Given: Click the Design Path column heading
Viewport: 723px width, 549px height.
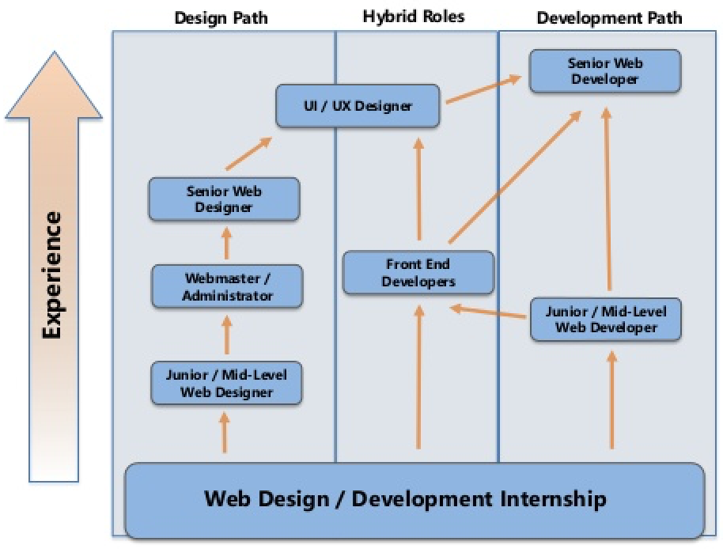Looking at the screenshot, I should point(221,17).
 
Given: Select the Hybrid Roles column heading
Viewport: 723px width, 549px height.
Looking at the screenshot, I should point(414,16).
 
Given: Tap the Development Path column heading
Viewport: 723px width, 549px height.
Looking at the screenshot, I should point(608,17).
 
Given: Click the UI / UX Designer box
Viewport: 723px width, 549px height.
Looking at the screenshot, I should point(358,106).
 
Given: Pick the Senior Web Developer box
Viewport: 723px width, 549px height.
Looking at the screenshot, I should point(605,70).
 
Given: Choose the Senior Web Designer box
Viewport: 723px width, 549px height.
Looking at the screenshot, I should point(225,199).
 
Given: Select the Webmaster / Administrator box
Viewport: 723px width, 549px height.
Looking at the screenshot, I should point(228,286).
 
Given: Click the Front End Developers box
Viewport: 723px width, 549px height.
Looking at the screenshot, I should point(418,272).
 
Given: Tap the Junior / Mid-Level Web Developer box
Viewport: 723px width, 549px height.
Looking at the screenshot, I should point(606,319).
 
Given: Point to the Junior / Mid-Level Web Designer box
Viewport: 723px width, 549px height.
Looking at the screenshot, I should point(226,383).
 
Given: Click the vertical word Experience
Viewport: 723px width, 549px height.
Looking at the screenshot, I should point(52,274).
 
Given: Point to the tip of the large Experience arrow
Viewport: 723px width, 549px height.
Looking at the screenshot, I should point(53,54).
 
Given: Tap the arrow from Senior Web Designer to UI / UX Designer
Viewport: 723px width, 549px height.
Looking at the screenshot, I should point(248,153).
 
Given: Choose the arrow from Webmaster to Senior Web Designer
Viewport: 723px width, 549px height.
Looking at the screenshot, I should point(227,244).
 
